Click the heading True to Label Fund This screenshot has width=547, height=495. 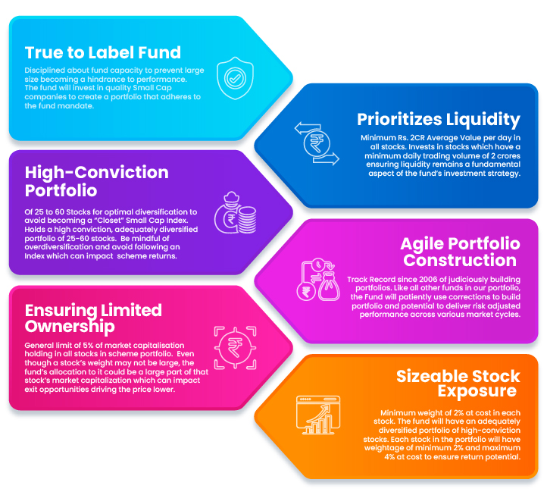tap(103, 53)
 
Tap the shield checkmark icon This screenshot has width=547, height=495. tap(235, 78)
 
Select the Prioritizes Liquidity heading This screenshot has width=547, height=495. tap(439, 120)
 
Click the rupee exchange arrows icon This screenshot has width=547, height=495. tap(317, 143)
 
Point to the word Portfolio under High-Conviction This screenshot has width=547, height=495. tap(61, 190)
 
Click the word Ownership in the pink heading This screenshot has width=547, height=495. tap(70, 327)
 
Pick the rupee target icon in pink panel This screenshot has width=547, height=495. tap(235, 348)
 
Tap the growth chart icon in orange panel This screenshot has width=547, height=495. tap(317, 415)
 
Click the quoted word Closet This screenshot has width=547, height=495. tap(110, 221)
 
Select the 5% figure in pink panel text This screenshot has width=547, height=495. tap(89, 345)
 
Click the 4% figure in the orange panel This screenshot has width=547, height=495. tap(389, 456)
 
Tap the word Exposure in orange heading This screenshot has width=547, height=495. tap(477, 391)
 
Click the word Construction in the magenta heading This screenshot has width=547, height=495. tap(460, 261)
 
